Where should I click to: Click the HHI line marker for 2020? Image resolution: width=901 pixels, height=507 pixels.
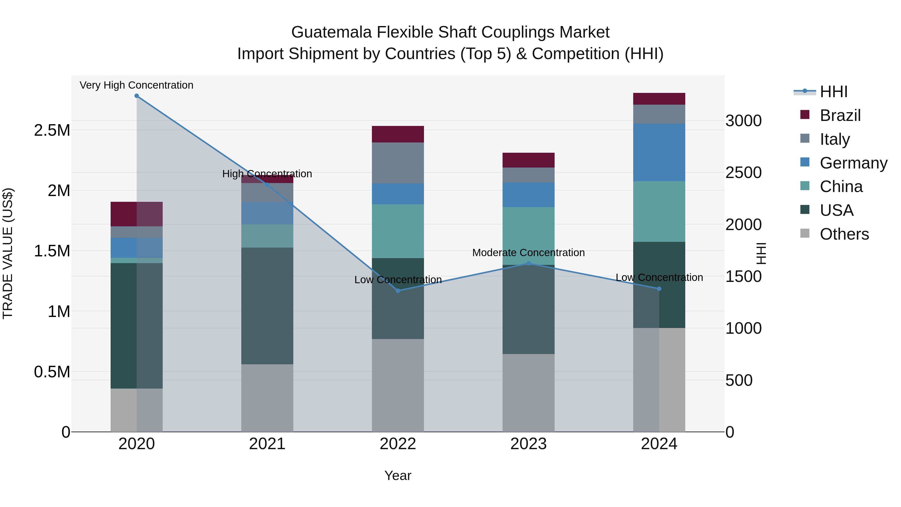[x=137, y=96]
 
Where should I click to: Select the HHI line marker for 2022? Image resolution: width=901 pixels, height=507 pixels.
[x=398, y=291]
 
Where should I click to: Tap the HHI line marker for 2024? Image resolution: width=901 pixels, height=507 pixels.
[x=659, y=289]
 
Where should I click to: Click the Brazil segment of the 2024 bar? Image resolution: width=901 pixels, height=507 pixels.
[x=659, y=99]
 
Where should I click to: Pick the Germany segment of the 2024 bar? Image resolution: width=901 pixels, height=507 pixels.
[x=659, y=152]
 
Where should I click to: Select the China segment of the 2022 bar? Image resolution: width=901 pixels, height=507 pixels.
[x=398, y=231]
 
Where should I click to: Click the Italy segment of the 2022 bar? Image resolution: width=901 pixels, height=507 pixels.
[x=398, y=163]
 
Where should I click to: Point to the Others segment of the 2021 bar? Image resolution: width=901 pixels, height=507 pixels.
[x=267, y=398]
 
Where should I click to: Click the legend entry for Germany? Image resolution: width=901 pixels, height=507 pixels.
[x=853, y=163]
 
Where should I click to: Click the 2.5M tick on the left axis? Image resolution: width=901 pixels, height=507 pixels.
[x=52, y=130]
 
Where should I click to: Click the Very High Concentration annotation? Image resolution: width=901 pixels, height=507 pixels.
[x=136, y=85]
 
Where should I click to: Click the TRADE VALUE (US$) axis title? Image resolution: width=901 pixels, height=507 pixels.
[x=8, y=253]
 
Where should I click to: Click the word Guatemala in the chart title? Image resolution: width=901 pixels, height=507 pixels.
[x=331, y=33]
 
